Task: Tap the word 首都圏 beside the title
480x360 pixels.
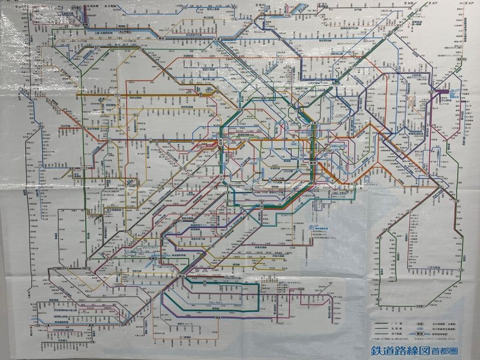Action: point(446,351)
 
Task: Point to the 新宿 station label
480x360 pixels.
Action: point(221,142)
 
